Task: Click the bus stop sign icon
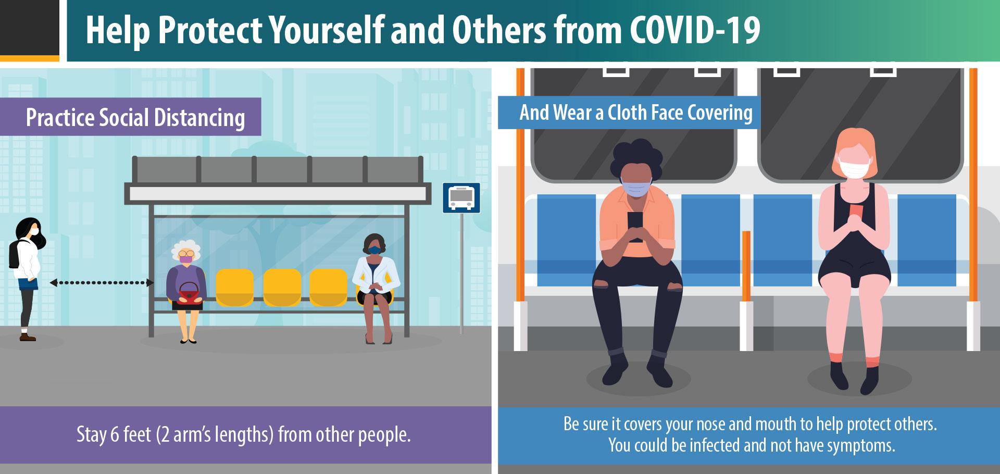pyautogui.click(x=461, y=197)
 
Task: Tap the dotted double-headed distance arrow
pyautogui.click(x=102, y=283)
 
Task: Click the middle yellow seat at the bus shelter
pyautogui.click(x=282, y=287)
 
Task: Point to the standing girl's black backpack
pyautogui.click(x=15, y=254)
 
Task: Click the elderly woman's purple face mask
pyautogui.click(x=185, y=259)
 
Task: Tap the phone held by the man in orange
pyautogui.click(x=635, y=225)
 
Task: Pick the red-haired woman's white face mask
pyautogui.click(x=854, y=170)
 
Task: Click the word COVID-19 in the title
pyautogui.click(x=695, y=30)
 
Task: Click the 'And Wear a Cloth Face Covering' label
pyautogui.click(x=629, y=113)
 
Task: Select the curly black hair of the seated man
pyautogui.click(x=637, y=158)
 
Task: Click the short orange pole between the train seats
pyautogui.click(x=746, y=266)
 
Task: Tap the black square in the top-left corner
pyautogui.click(x=29, y=27)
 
